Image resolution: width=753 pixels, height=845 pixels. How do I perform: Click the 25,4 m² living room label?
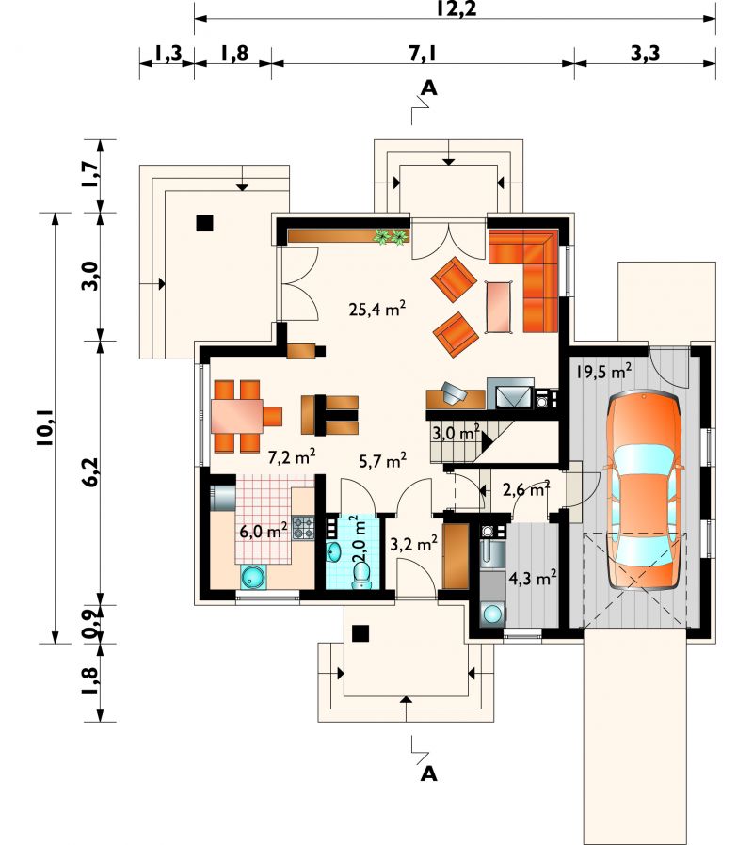click(376, 309)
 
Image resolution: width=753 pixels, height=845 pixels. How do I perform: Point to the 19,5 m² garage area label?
click(603, 372)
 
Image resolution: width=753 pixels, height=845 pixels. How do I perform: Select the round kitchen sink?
click(252, 576)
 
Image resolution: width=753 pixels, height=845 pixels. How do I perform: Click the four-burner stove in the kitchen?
click(303, 528)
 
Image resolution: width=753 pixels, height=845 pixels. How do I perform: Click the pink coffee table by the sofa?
click(499, 306)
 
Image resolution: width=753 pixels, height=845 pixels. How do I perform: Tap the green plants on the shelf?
click(392, 236)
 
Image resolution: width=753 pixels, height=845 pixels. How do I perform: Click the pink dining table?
click(237, 416)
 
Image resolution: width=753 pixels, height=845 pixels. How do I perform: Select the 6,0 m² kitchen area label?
click(263, 532)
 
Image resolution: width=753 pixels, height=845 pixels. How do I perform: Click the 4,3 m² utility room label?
click(533, 579)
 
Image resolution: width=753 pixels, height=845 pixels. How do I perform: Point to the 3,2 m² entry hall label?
click(413, 545)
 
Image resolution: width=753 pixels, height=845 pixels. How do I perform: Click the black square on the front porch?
click(360, 632)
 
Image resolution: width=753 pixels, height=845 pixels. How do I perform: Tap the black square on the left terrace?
click(204, 223)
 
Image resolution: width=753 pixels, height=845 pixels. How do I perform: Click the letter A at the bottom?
click(428, 774)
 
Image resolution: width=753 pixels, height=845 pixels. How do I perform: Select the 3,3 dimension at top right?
click(645, 54)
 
